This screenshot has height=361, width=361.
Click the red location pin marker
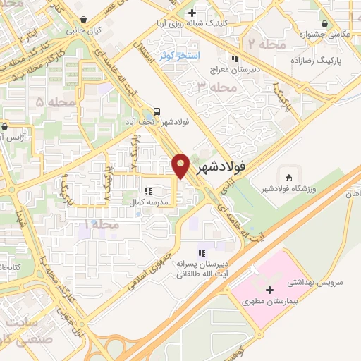pos(181,165)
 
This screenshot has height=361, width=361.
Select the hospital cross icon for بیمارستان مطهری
pos(269,290)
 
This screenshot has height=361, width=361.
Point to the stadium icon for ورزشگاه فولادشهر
pos(287,175)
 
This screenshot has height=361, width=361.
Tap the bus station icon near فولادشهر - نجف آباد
pos(157,110)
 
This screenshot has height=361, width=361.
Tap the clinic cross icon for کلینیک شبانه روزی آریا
pos(192,13)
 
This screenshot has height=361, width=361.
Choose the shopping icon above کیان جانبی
pos(84,20)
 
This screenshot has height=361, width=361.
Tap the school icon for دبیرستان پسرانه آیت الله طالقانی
pos(202,253)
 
